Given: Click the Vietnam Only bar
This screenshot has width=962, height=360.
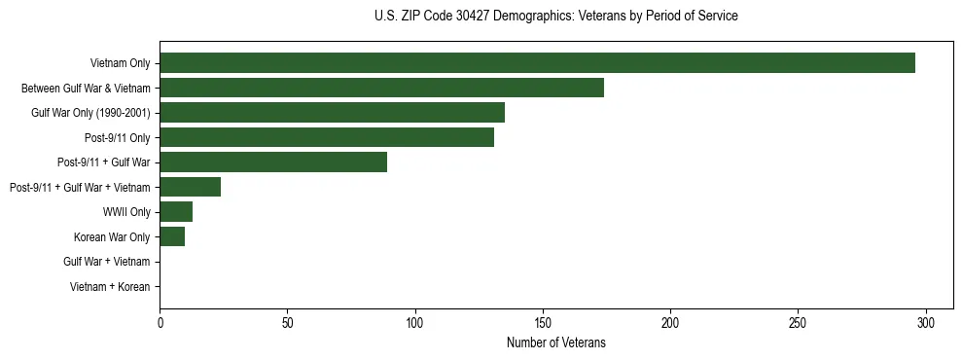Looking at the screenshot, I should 537,63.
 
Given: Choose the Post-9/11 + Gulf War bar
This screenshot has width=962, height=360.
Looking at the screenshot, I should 273,162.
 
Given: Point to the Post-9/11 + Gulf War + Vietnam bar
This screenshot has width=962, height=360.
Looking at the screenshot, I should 190,187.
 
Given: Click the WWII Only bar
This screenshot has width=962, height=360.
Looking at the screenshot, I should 176,211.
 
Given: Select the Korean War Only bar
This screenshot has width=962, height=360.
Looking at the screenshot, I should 172,236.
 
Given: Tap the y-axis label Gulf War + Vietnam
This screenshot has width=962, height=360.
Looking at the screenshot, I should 107,262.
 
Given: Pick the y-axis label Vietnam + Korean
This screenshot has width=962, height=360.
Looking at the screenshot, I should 110,287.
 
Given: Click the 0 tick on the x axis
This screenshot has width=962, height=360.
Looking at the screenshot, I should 160,323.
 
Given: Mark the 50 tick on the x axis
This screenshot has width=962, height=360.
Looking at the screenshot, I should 287,323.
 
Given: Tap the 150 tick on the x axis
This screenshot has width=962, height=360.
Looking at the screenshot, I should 543,323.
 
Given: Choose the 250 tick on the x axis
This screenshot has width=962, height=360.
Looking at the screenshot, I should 798,323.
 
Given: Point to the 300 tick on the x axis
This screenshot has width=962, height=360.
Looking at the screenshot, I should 925,323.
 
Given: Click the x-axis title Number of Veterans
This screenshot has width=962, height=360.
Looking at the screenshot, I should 555,342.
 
